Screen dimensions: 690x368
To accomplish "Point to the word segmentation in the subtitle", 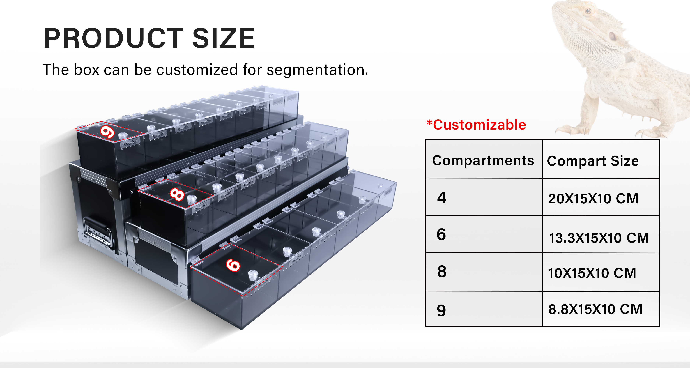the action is click(317, 70).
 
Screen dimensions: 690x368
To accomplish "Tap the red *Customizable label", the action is click(476, 125).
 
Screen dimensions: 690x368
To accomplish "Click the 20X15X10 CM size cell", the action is click(601, 197).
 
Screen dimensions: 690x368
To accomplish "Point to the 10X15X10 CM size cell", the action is click(601, 272).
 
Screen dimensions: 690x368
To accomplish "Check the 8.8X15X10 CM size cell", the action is click(601, 309).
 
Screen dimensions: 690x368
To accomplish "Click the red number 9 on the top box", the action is click(107, 132).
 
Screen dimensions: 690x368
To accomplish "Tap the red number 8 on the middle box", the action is click(177, 194).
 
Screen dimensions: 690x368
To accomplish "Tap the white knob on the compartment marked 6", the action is click(253, 275).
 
